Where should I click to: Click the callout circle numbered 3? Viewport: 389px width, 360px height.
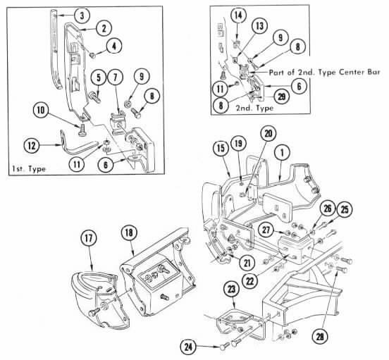82,15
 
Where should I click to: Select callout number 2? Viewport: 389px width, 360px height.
104,27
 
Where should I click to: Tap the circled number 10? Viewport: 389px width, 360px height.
41,110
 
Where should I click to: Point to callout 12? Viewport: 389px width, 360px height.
32,146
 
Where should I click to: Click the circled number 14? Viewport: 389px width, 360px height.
238,15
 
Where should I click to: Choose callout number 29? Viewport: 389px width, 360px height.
282,97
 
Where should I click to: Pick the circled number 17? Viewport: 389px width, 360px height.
89,238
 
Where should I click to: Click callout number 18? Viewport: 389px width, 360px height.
129,232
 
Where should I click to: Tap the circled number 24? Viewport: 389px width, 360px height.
188,347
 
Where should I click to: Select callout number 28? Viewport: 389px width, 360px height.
320,337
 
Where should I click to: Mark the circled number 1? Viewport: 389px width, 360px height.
282,152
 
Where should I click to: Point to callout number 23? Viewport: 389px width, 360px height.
231,289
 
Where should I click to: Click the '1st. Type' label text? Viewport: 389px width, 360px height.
29,169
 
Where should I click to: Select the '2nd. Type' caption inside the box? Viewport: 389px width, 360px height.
254,108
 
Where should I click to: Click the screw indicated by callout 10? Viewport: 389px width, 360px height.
82,130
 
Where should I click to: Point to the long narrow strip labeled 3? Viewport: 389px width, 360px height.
56,49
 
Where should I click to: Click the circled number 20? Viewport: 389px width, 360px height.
268,134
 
